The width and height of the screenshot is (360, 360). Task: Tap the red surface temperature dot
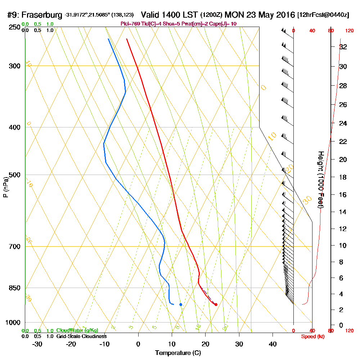click(216, 305)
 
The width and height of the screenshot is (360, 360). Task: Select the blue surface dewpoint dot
click(181, 305)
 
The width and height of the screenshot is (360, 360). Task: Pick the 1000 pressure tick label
click(13, 323)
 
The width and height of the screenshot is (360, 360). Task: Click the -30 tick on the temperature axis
click(37, 344)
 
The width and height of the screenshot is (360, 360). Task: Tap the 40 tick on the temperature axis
click(273, 344)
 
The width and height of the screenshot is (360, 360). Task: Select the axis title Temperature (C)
click(178, 353)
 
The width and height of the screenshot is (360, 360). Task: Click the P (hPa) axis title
click(5, 187)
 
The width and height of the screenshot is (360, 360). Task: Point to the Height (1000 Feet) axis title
click(320, 180)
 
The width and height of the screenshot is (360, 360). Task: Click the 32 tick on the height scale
click(343, 47)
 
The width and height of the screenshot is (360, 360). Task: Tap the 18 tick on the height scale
click(343, 177)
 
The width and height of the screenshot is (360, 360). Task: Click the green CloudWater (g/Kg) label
click(77, 330)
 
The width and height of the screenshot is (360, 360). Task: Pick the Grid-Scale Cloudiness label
click(81, 336)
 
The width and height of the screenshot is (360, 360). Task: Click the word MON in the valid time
click(234, 15)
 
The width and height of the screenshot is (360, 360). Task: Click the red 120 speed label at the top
click(349, 31)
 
